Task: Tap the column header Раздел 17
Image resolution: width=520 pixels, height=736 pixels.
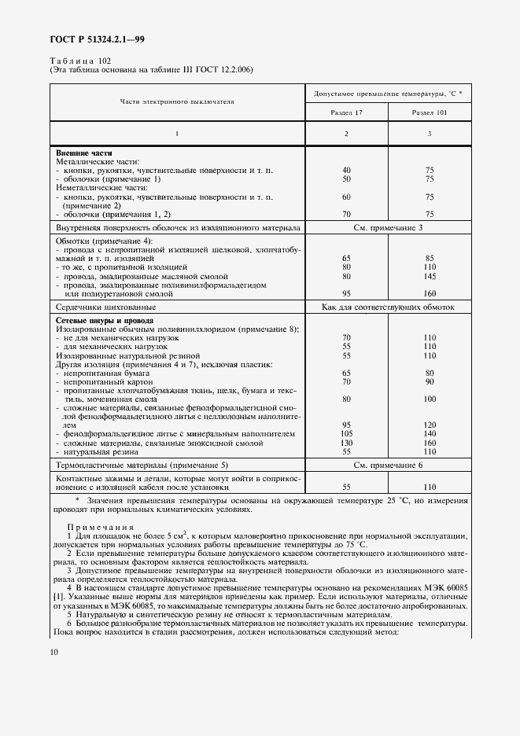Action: click(x=346, y=113)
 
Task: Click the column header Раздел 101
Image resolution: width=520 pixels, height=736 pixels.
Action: click(x=428, y=113)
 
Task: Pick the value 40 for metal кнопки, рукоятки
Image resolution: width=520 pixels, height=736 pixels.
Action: click(x=346, y=170)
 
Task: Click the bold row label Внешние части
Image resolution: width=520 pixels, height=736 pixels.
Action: click(x=83, y=153)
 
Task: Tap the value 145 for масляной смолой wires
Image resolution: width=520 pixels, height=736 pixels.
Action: click(x=429, y=276)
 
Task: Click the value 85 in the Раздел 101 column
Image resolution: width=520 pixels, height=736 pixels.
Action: click(x=429, y=258)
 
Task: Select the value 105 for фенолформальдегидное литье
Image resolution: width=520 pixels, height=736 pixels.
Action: click(x=346, y=433)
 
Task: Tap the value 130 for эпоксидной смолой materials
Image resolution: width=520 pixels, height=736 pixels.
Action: click(x=346, y=443)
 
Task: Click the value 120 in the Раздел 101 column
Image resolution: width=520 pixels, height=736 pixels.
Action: click(x=429, y=424)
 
